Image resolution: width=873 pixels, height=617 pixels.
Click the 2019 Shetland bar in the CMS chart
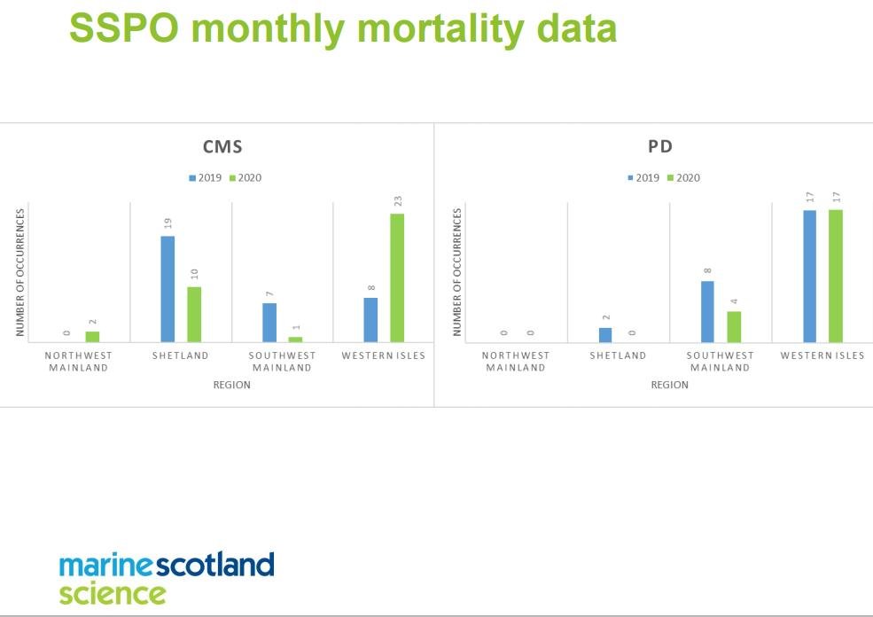168,289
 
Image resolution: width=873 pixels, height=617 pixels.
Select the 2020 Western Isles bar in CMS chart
397,277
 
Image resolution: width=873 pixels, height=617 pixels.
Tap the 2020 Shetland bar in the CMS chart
194,315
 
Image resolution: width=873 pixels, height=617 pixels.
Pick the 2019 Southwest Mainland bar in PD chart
707,311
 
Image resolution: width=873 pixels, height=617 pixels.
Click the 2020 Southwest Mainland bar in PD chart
734,326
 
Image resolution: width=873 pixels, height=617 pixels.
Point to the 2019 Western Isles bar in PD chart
809,276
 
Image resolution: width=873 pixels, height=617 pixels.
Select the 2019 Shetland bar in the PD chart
605,335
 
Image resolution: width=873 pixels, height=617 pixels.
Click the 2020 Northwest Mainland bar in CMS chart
92,337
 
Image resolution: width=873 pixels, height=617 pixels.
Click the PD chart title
660,146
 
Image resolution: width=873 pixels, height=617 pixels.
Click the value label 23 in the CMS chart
397,201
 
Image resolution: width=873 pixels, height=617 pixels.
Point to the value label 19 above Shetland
168,223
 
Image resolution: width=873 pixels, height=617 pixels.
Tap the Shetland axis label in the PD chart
618,355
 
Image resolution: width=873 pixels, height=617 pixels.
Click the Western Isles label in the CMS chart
384,355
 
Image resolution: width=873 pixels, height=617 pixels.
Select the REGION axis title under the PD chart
669,385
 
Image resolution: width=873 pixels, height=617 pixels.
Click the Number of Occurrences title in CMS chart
19,273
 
